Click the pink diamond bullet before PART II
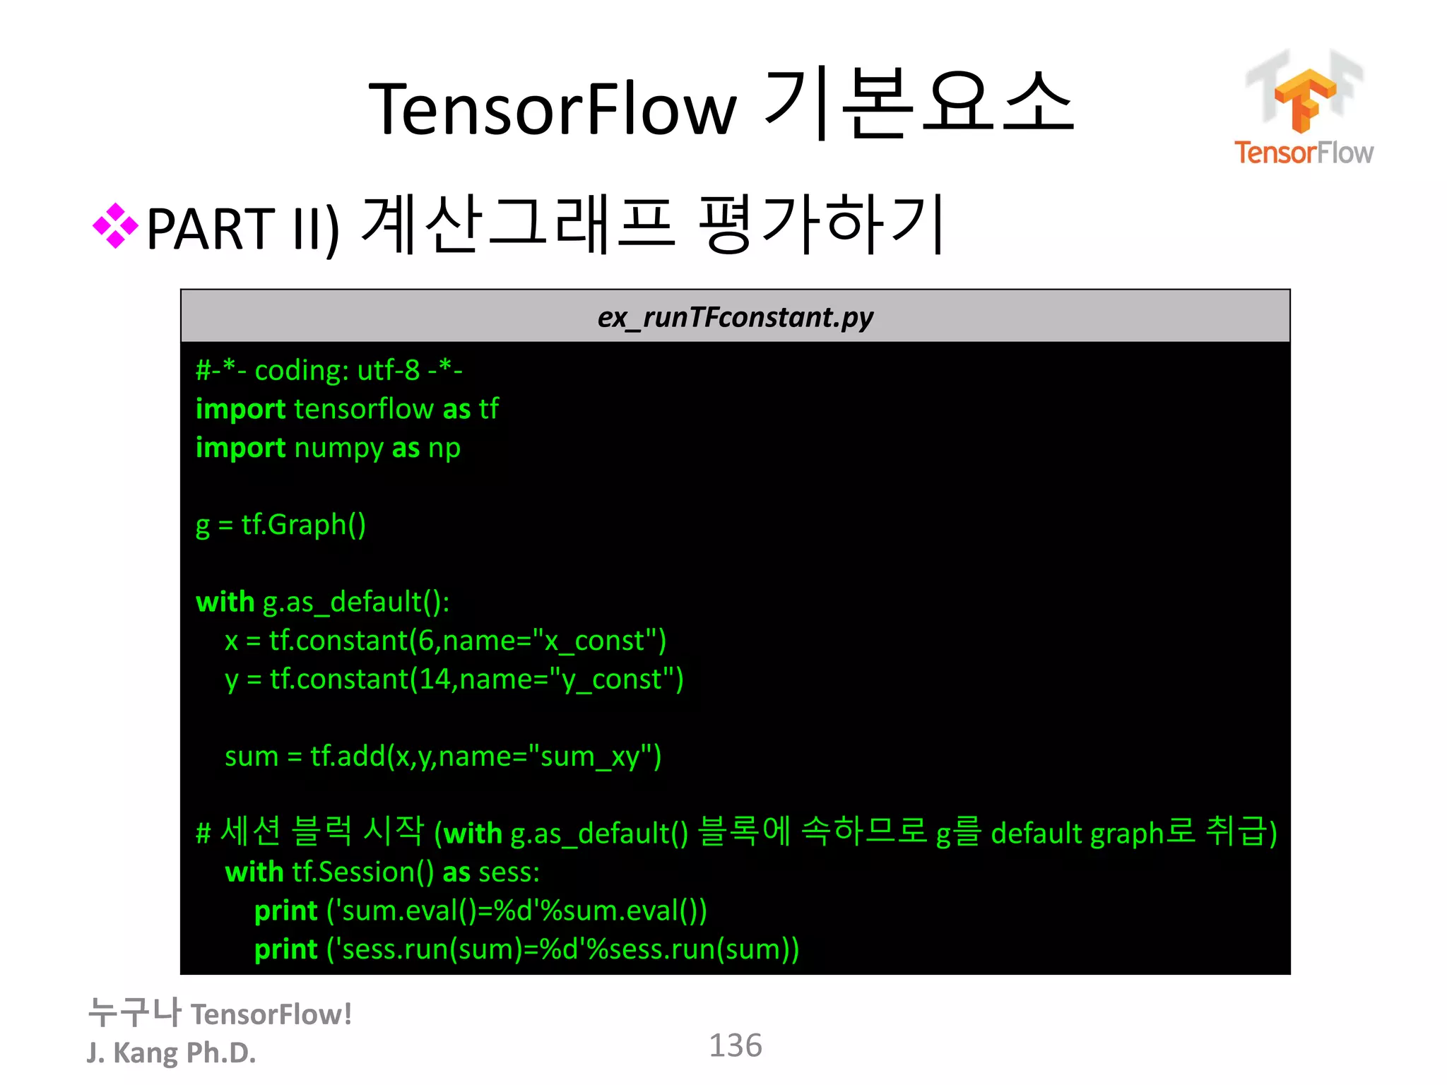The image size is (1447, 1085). pos(115,226)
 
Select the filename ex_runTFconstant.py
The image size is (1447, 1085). pos(735,317)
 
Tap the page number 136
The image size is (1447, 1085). pos(735,1045)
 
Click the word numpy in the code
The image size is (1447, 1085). pos(338,449)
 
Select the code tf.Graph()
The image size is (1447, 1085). pos(304,526)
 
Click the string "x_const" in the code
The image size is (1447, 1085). pos(595,641)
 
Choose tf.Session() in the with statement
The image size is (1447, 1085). pos(363,872)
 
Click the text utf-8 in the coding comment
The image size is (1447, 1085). pos(389,370)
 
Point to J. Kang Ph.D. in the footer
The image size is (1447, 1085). pos(171,1053)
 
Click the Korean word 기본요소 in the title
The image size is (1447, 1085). pos(919,106)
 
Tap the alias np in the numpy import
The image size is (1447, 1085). pos(444,449)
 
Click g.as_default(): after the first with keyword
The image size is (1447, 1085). pos(356,603)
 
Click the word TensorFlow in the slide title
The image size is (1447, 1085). pos(553,109)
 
